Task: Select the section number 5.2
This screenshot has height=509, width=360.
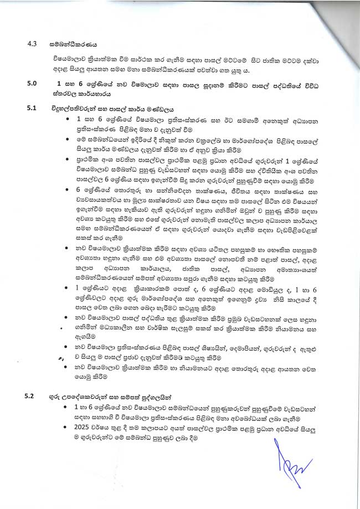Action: [x=33, y=396]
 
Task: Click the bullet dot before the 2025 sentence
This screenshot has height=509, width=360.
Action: [x=67, y=428]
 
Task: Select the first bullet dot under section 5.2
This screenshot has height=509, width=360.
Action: [x=67, y=408]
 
